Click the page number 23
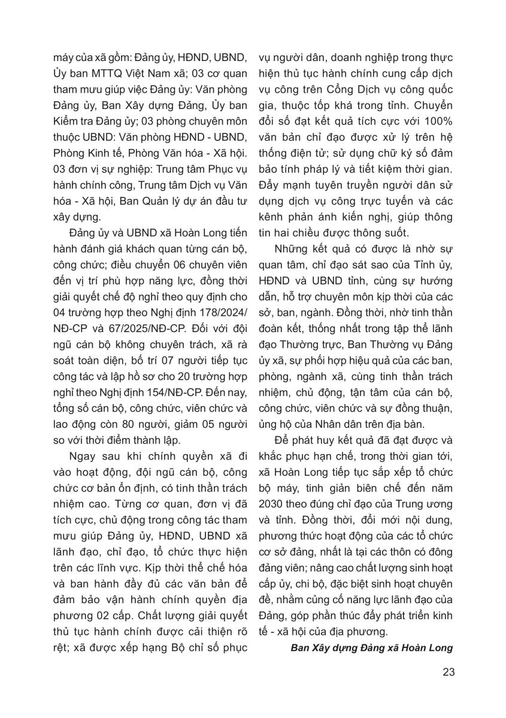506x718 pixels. point(448,671)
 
